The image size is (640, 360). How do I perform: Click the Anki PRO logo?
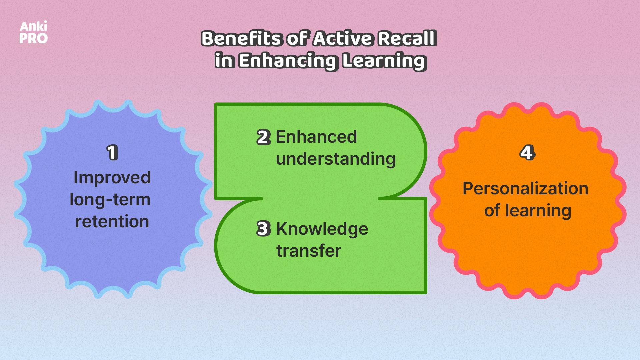(x=33, y=33)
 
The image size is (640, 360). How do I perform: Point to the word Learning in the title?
(x=384, y=61)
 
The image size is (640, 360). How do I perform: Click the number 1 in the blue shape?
(x=112, y=153)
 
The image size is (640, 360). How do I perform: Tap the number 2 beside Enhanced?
(x=263, y=137)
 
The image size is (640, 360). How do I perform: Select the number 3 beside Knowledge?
(x=263, y=229)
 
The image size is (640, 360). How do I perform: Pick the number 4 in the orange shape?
(x=527, y=153)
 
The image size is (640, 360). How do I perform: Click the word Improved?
(x=112, y=178)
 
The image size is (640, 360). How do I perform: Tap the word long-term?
(x=110, y=200)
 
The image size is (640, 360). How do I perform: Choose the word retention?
(x=112, y=222)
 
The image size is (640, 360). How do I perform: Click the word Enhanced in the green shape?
(x=316, y=137)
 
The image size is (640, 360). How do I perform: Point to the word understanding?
(x=336, y=159)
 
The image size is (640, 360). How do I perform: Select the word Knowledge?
(x=322, y=229)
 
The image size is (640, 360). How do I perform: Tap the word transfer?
(x=309, y=251)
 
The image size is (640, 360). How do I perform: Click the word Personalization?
(x=525, y=189)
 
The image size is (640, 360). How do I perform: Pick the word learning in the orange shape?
(x=538, y=211)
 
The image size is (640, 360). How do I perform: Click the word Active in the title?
(x=343, y=38)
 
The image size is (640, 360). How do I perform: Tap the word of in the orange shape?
(x=492, y=211)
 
